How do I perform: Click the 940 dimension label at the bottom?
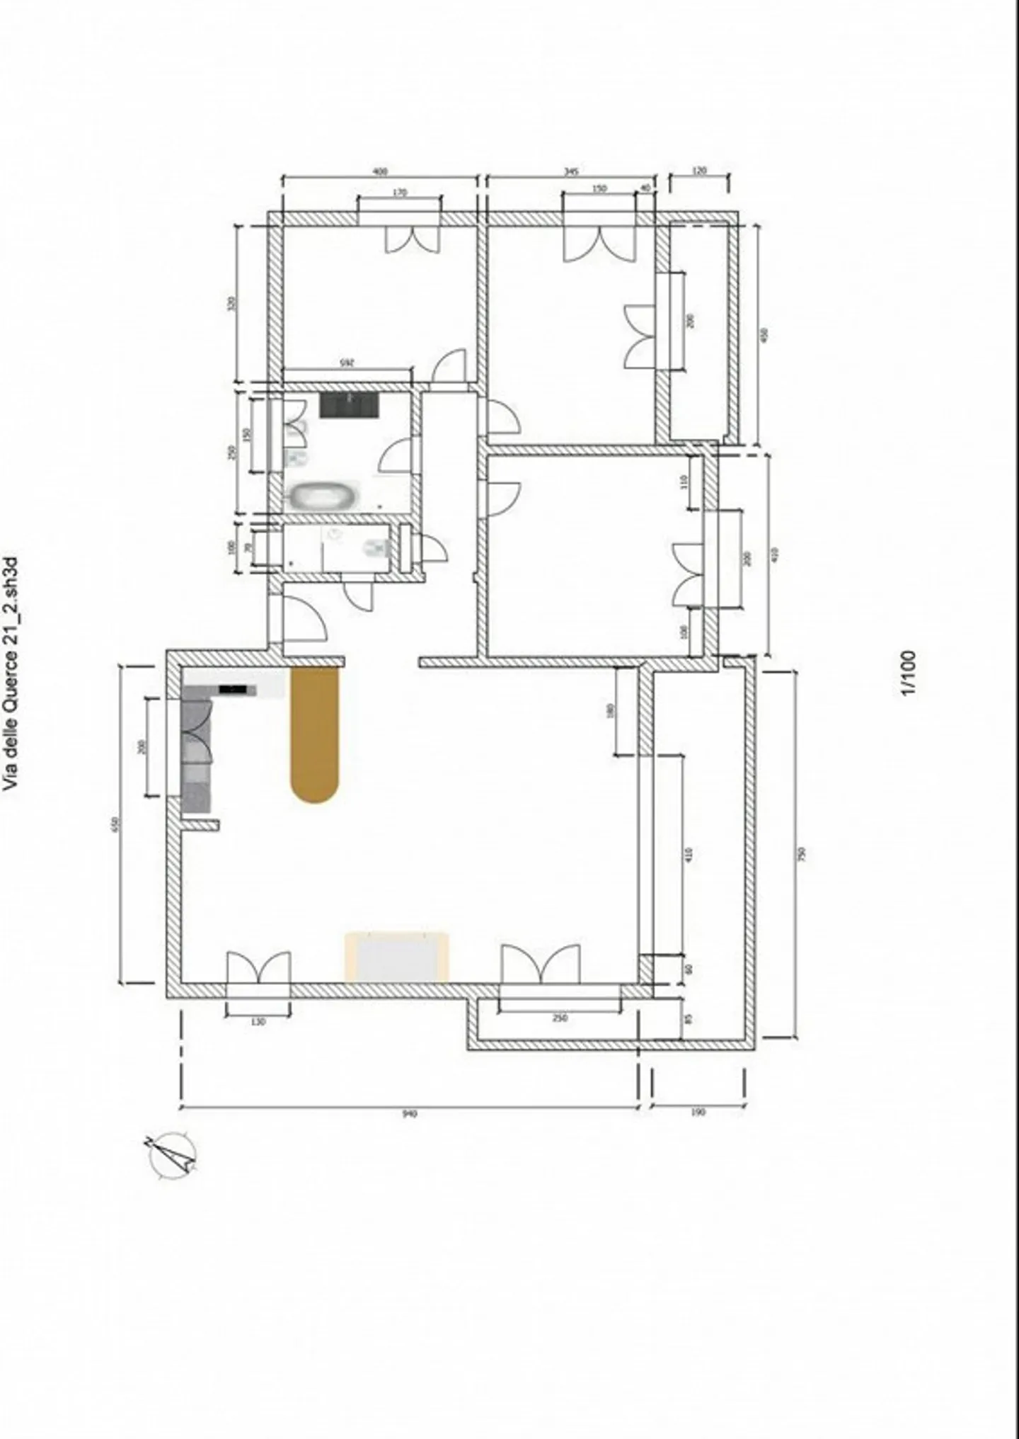pos(410,1113)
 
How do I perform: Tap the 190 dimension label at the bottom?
pos(698,1112)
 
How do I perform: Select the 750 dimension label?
pos(802,855)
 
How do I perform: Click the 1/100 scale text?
pos(909,673)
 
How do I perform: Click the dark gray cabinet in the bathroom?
pos(349,405)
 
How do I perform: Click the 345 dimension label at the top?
pos(572,171)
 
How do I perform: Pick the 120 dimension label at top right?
pos(699,171)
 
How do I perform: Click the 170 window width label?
pos(399,192)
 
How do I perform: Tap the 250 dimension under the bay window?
pos(559,1018)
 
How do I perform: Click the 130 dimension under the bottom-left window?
pos(258,1022)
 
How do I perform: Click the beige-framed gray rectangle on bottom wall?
pos(397,957)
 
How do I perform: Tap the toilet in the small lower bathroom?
pos(376,547)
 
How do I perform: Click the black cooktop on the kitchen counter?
pos(234,688)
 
